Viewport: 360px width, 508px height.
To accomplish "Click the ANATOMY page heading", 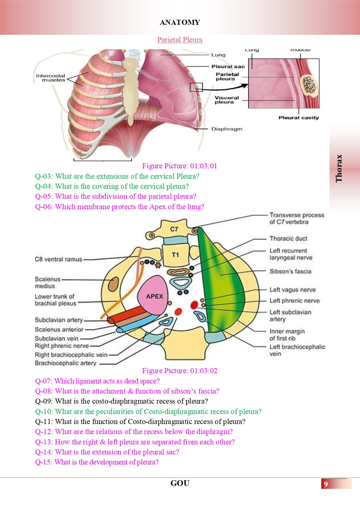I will [x=180, y=22].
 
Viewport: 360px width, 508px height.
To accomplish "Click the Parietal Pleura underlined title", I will [x=180, y=40].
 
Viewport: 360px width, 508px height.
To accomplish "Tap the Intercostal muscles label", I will [x=51, y=78].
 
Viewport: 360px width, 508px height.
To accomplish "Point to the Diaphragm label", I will [x=227, y=129].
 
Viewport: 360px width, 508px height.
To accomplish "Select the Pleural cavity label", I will [x=299, y=118].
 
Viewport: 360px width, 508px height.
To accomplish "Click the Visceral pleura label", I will [x=227, y=100].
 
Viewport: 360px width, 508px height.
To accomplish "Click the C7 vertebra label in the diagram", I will [x=174, y=229].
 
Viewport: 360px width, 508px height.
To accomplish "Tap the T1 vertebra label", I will [x=175, y=255].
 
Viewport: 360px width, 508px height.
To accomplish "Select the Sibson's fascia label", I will [x=290, y=271].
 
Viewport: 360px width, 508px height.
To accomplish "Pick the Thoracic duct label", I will [x=288, y=239].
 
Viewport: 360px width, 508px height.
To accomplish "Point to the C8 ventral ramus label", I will [x=59, y=259].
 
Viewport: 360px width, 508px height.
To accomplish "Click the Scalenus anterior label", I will [x=59, y=329].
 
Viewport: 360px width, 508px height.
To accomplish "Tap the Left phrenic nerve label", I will [x=294, y=301].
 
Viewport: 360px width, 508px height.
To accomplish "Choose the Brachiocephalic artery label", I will [x=66, y=363].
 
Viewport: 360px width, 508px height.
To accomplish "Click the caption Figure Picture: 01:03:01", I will [x=180, y=166].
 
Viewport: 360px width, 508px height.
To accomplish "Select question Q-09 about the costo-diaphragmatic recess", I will [x=122, y=401].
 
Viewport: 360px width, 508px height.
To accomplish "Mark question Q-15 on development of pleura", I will [x=97, y=462].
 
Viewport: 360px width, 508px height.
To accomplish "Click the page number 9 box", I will [x=326, y=484].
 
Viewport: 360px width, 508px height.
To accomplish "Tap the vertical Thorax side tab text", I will [x=339, y=168].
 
